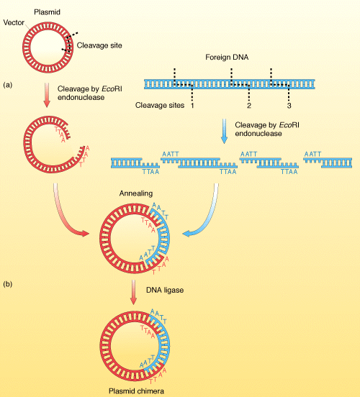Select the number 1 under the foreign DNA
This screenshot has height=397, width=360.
(x=193, y=106)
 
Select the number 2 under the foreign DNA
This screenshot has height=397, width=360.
(x=248, y=106)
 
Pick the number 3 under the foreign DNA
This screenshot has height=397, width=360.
(x=289, y=106)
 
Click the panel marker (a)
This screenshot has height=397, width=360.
(x=8, y=84)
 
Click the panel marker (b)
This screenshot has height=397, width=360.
(x=8, y=284)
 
